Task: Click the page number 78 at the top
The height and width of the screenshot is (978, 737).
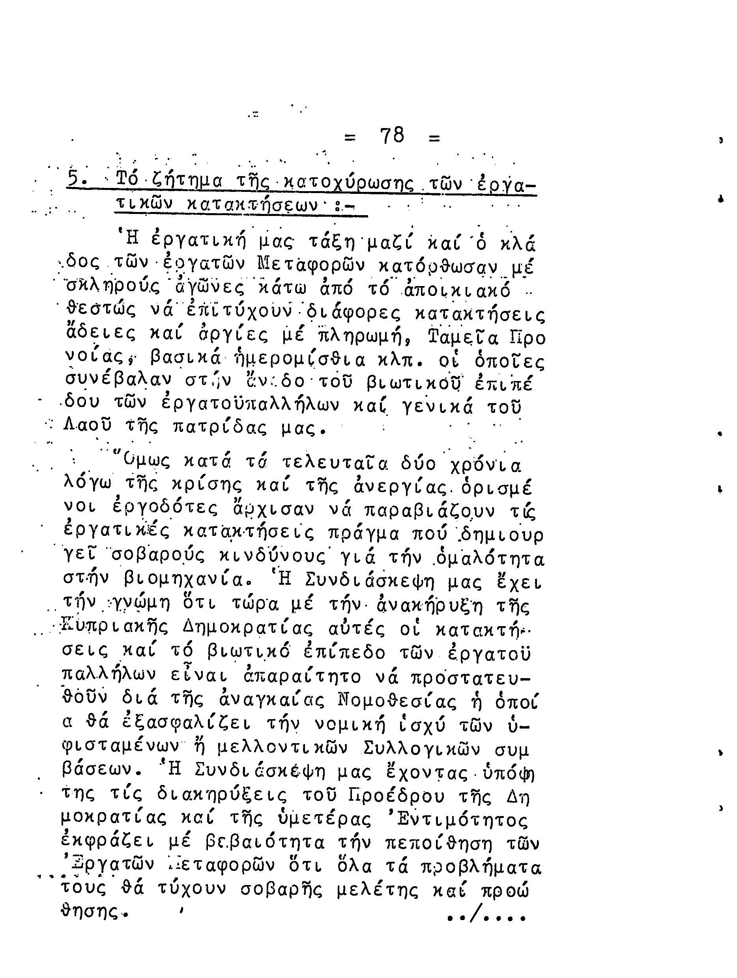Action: pos(392,135)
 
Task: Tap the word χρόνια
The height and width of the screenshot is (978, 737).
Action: pos(486,464)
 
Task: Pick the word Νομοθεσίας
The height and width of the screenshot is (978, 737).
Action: pos(396,701)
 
